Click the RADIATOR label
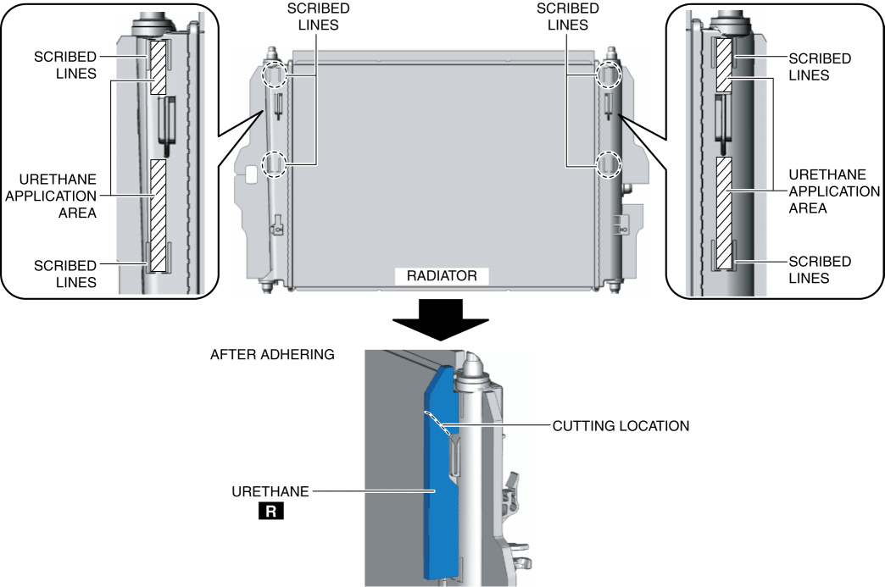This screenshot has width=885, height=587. coord(442,276)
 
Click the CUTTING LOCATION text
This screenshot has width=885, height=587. coord(621,425)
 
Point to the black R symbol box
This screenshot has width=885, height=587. coord(274,512)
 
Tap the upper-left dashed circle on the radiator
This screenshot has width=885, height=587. coord(274,75)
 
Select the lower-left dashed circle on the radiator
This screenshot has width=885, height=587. coord(274,163)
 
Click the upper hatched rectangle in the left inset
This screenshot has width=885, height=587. coord(159,67)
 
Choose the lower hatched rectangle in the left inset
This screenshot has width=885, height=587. coord(158,215)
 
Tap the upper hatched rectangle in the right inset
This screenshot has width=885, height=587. coord(723,64)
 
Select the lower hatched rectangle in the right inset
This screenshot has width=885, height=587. coord(723,212)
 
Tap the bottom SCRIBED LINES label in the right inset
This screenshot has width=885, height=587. coord(820,269)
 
